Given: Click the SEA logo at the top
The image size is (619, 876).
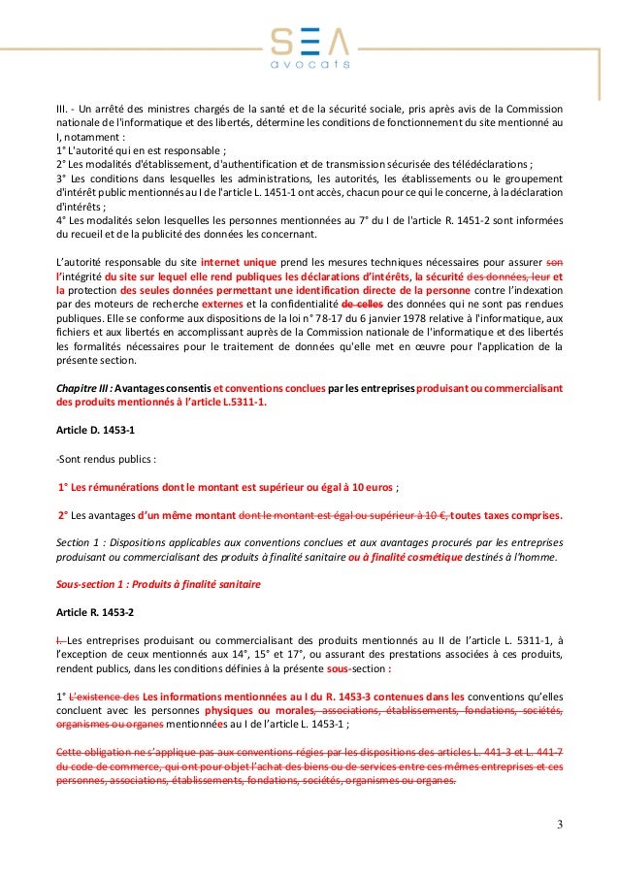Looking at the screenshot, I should coord(309,40).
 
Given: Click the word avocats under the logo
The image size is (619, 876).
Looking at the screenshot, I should coord(309,64).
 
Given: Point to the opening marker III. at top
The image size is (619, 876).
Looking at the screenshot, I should coord(64,109).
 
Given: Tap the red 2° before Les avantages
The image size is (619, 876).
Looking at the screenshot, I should coord(66,516).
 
